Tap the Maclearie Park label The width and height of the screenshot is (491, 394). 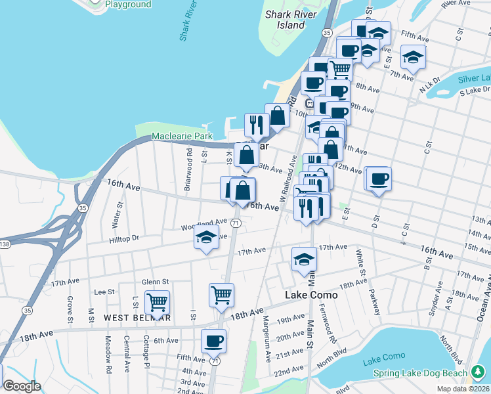tap(182, 136)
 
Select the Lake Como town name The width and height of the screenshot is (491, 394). tap(311, 295)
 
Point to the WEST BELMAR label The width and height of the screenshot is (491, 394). tap(137, 318)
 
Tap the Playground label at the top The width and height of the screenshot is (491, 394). tap(128, 5)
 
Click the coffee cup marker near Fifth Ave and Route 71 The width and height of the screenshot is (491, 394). tap(214, 341)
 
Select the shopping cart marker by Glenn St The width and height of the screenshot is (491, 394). tap(157, 303)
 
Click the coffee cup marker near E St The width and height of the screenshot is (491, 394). tap(378, 179)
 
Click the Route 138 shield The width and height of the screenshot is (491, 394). tap(4, 244)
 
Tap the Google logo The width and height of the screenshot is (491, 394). tap(22, 386)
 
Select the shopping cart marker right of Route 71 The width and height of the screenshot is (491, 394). tap(222, 295)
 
